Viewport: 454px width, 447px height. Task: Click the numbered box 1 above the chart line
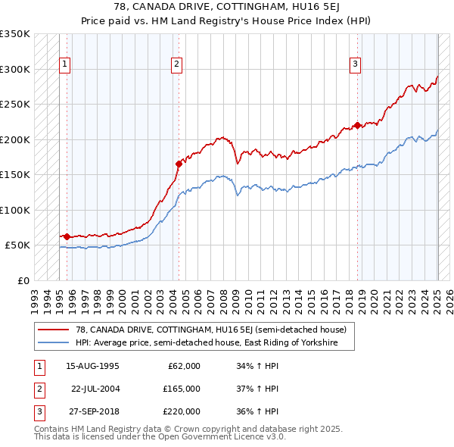point(65,65)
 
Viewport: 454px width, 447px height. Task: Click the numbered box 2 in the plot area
point(176,65)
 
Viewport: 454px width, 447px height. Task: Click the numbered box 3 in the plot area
point(355,65)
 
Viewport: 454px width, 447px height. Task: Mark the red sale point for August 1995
point(67,237)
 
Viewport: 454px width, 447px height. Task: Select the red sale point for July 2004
point(179,163)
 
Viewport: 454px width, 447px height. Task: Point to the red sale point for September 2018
point(357,126)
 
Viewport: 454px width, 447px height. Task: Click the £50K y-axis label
point(18,245)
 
